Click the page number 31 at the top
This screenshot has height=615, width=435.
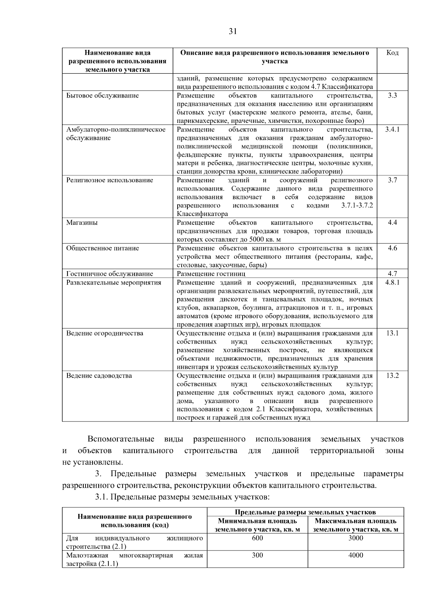(233, 32)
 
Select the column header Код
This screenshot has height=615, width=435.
(392, 53)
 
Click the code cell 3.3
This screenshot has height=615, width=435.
(392, 96)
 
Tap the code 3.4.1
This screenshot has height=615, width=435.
(392, 130)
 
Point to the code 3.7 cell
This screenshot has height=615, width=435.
(392, 180)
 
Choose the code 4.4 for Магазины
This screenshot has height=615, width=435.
(392, 223)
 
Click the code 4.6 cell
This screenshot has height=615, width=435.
(392, 248)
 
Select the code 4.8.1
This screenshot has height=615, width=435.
(392, 283)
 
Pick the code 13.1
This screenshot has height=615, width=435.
(392, 333)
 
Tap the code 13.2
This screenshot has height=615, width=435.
(392, 376)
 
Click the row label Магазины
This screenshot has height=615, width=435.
(82, 223)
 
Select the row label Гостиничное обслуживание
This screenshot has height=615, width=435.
(109, 274)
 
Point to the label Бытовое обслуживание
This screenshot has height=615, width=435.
(103, 96)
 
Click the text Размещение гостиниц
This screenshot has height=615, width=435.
(211, 274)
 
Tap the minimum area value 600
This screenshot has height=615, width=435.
(257, 538)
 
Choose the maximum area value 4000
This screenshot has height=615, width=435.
(356, 556)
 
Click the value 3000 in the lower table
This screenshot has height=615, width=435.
(356, 538)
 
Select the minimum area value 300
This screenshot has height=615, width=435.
(257, 556)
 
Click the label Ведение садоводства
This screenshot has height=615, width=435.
(99, 376)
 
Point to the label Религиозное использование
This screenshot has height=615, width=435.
(109, 180)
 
